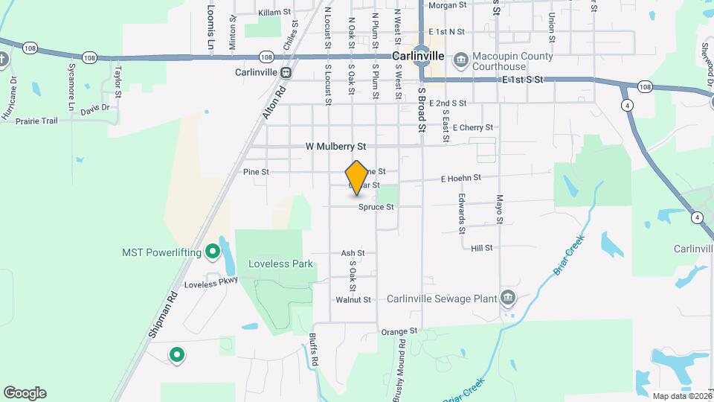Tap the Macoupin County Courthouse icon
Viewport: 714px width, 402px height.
click(460, 57)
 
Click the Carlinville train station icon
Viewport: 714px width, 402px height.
click(285, 72)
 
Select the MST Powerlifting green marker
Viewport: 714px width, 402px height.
click(212, 252)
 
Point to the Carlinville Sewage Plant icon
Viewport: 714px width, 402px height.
click(507, 299)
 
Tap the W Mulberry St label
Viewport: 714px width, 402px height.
click(336, 147)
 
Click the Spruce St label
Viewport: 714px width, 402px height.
click(375, 207)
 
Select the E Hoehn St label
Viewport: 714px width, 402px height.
click(461, 178)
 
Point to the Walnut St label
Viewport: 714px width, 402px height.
click(353, 300)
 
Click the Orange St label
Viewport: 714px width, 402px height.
click(399, 331)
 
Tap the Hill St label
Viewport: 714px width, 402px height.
click(482, 248)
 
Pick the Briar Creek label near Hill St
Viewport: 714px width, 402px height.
click(570, 255)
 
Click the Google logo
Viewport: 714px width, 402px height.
click(25, 393)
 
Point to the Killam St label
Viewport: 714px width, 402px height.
click(273, 13)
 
